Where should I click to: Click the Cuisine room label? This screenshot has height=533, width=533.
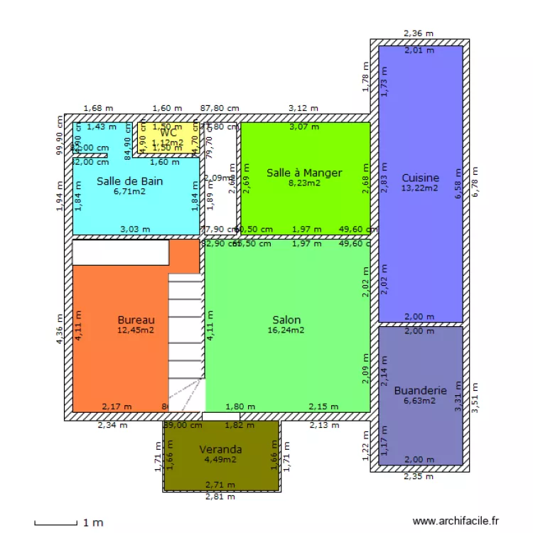(420, 178)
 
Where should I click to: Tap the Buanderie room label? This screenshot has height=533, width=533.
(420, 390)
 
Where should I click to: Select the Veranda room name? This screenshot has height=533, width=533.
(220, 449)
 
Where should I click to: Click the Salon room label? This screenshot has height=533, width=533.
(286, 320)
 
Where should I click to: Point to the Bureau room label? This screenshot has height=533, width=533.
(136, 320)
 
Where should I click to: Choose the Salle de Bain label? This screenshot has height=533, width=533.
(129, 181)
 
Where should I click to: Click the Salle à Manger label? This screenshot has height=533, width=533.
(304, 173)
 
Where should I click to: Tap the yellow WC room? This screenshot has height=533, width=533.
(168, 133)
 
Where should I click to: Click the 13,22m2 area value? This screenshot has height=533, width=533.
(420, 188)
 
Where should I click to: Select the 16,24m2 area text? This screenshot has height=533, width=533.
(286, 330)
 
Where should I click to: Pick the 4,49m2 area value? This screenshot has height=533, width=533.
(220, 459)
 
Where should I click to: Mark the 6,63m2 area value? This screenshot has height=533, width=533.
(420, 400)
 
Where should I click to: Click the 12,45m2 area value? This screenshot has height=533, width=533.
(136, 330)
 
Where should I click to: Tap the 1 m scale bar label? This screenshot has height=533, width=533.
(93, 523)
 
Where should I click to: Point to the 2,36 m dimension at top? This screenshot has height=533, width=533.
(419, 33)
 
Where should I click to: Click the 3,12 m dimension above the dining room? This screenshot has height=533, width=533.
(303, 108)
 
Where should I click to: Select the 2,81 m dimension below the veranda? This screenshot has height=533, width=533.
(220, 497)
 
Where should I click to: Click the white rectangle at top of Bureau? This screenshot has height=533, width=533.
(121, 252)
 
